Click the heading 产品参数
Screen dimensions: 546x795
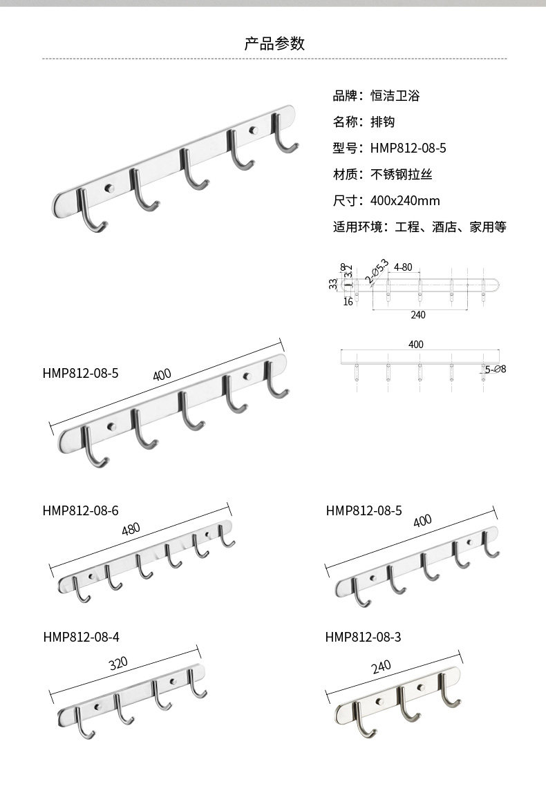click(x=274, y=44)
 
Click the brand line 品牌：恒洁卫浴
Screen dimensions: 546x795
click(x=376, y=96)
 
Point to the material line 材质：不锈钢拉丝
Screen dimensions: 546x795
click(x=382, y=175)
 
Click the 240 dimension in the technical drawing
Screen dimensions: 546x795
click(x=418, y=315)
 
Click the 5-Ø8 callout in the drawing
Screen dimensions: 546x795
click(x=496, y=370)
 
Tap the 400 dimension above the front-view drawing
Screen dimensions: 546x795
click(x=415, y=345)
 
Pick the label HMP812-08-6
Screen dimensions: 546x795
click(x=80, y=510)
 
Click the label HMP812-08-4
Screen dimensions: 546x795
click(x=80, y=637)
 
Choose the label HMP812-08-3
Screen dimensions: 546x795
click(x=363, y=637)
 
